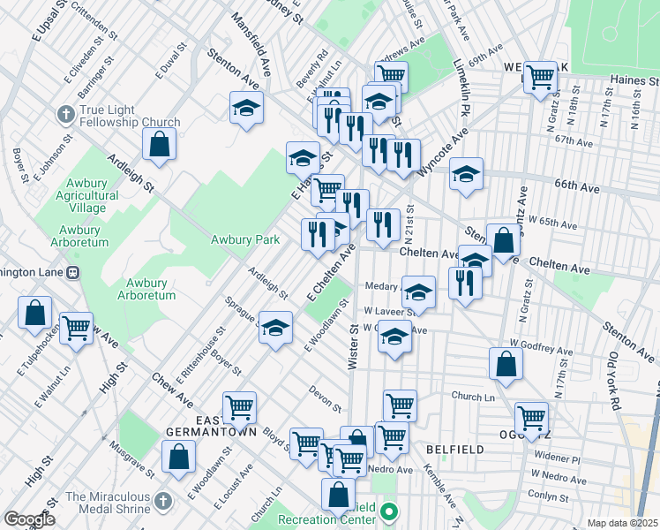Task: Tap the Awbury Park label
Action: (x=245, y=239)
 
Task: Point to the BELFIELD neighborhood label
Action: (x=454, y=450)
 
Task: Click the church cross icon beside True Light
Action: (x=65, y=115)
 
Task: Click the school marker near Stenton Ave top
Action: (x=247, y=109)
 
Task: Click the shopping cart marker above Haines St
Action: (x=540, y=77)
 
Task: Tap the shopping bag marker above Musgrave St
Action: (x=178, y=457)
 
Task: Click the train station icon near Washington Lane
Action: (x=74, y=272)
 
